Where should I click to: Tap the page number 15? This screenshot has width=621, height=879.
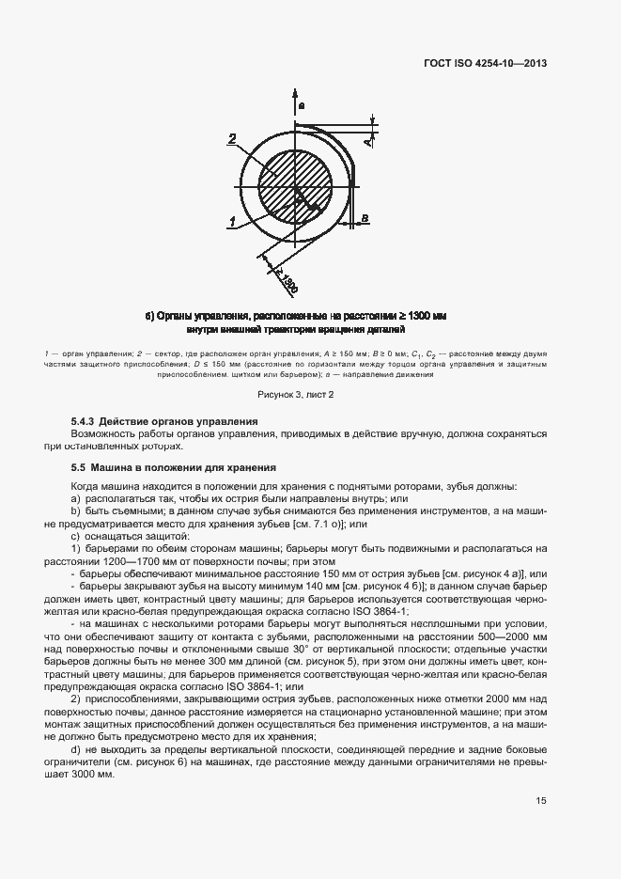(541, 802)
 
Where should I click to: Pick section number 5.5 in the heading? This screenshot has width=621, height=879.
(79, 467)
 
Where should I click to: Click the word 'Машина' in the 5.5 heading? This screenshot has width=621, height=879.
(118, 467)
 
